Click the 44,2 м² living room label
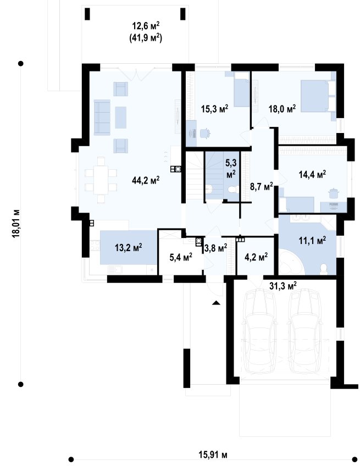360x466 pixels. tap(146, 180)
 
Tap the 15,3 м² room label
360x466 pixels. tap(214, 108)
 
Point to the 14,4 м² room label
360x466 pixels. tap(312, 174)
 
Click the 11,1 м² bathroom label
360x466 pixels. tap(312, 240)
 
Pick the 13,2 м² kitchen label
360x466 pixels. tap(128, 247)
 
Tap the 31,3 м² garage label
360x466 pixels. tap(283, 286)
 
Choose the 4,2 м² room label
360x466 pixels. tap(256, 257)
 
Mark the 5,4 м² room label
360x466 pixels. tap(181, 257)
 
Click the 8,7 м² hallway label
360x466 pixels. tap(262, 187)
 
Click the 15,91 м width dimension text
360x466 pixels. tap(213, 454)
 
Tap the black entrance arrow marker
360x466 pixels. tap(216, 303)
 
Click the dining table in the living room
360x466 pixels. tap(101, 180)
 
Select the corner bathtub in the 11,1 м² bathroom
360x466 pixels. tap(290, 263)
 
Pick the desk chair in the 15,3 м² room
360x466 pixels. tap(204, 133)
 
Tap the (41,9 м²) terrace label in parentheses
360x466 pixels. tap(146, 38)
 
